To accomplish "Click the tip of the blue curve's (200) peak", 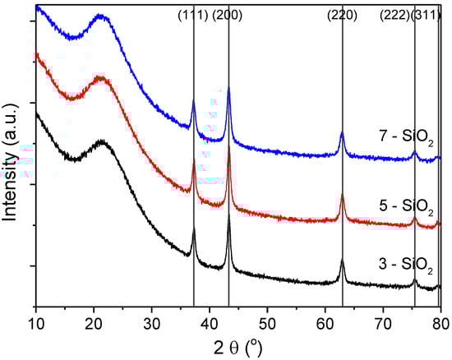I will (228, 87).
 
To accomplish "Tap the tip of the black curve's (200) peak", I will (228, 215).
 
